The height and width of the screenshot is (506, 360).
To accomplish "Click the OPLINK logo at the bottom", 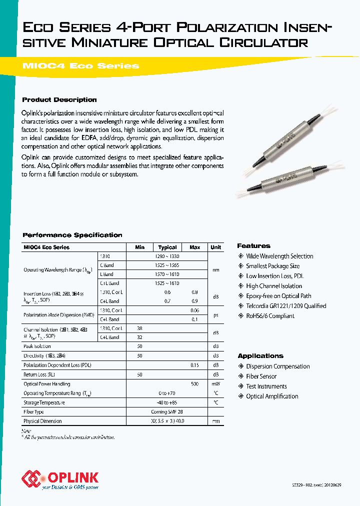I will (x=60, y=478).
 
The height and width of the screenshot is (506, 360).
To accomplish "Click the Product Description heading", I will (x=59, y=99).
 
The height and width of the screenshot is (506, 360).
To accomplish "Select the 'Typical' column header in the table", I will (x=167, y=247).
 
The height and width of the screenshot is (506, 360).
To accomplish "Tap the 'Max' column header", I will (x=194, y=247).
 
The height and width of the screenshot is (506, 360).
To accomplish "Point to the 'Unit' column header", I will (x=215, y=247).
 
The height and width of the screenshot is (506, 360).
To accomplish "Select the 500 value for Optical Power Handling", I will (x=194, y=384).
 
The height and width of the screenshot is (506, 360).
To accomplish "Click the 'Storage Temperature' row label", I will (x=44, y=402).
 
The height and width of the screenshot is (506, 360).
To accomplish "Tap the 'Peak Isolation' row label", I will (x=37, y=346).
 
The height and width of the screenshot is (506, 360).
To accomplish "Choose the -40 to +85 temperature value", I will (x=167, y=402).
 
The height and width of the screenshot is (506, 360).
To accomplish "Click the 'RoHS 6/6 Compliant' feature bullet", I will (x=270, y=316).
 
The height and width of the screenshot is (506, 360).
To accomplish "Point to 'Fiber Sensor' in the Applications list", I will (x=261, y=376).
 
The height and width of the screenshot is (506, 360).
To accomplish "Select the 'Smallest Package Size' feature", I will (x=272, y=266).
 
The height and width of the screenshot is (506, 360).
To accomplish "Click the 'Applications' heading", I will (x=260, y=356).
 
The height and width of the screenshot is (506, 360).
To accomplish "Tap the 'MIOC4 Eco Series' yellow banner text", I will (x=81, y=65).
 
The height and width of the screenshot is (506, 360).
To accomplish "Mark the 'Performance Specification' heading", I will (x=72, y=235).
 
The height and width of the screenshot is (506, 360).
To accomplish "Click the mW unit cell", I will (x=215, y=384).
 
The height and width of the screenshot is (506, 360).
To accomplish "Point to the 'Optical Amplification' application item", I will (x=272, y=396).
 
